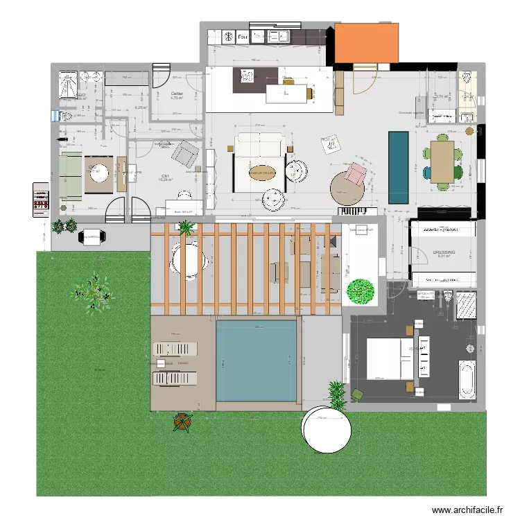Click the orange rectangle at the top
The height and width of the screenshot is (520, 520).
pyautogui.click(x=366, y=44)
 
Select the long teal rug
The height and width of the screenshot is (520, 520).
pyautogui.click(x=398, y=167)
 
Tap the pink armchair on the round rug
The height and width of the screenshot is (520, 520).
pyautogui.click(x=356, y=173)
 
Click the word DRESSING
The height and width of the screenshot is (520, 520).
pyautogui.click(x=444, y=253)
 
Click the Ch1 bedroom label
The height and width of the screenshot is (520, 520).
pyautogui.click(x=166, y=177)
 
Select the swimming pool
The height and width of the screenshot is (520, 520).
pyautogui.click(x=256, y=361)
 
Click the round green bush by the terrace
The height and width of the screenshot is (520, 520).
pyautogui.click(x=360, y=291)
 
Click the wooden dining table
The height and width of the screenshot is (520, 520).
pyautogui.click(x=442, y=162)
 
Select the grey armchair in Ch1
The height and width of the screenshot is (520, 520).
pyautogui.click(x=185, y=154)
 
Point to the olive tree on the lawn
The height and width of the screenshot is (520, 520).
pyautogui.click(x=92, y=294)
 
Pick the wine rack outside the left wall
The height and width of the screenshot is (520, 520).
pyautogui.click(x=41, y=200)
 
